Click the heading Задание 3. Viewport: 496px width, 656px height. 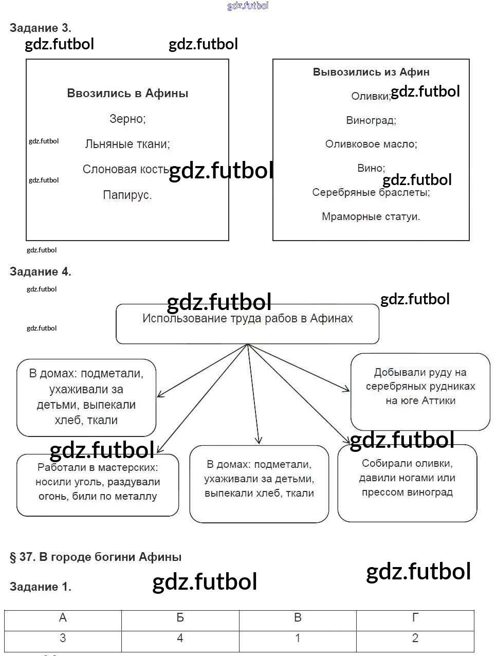tap(41, 28)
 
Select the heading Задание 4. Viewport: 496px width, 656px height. tap(41, 271)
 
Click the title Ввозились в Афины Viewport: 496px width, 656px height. tap(127, 94)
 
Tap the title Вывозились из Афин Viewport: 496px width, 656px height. tap(371, 72)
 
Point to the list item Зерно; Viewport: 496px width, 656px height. tap(127, 119)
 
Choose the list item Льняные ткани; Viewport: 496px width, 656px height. tap(127, 144)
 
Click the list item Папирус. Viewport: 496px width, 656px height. tap(127, 195)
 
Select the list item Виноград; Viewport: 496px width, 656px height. tap(371, 120)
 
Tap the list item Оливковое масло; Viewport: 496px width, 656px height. tap(371, 144)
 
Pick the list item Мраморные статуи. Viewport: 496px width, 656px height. tap(371, 216)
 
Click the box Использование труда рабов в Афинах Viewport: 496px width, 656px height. tap(248, 323)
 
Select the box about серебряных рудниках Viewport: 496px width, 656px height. tap(420, 391)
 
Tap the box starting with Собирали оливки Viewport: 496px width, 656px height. tap(407, 483)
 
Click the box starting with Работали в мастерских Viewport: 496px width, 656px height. tap(98, 484)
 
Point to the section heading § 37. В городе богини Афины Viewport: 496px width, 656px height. tap(96, 557)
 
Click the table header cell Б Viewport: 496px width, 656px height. tap(180, 618)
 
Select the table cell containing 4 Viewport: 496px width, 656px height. tap(180, 639)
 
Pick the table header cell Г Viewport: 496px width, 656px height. tap(415, 618)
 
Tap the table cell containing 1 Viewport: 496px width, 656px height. tap(298, 639)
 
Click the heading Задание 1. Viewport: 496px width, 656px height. tap(41, 587)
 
